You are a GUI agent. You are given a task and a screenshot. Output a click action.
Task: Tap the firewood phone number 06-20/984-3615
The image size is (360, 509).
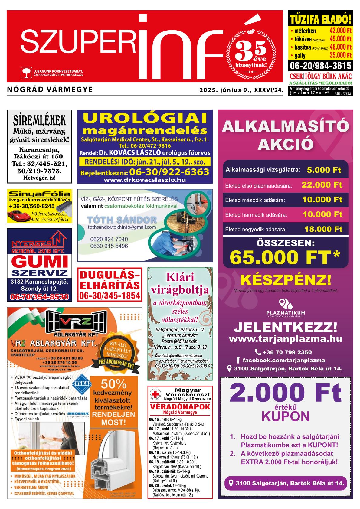320,66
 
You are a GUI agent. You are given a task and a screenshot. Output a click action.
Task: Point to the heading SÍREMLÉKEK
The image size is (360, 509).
39,120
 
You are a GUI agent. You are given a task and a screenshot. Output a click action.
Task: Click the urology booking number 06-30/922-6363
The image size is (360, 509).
169,172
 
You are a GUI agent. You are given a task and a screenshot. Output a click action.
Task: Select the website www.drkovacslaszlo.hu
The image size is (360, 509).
145,180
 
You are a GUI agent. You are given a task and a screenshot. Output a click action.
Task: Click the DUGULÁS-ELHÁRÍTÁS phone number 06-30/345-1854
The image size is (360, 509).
110,295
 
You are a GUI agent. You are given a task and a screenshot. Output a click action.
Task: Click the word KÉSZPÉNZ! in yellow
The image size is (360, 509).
286,280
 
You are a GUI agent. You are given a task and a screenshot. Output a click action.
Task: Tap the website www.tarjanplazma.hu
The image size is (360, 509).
286,339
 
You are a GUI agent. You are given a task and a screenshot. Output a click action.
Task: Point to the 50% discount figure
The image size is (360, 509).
114,384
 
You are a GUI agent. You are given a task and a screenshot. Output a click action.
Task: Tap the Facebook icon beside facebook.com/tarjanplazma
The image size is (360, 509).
238,360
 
